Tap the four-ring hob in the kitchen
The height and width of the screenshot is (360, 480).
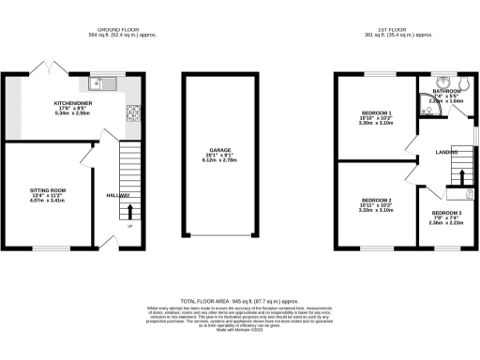(x=133, y=116)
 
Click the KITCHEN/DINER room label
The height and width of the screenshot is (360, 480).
(x=71, y=103)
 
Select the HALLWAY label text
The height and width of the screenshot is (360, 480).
(x=117, y=196)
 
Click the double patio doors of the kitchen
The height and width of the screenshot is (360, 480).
(x=44, y=69)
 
